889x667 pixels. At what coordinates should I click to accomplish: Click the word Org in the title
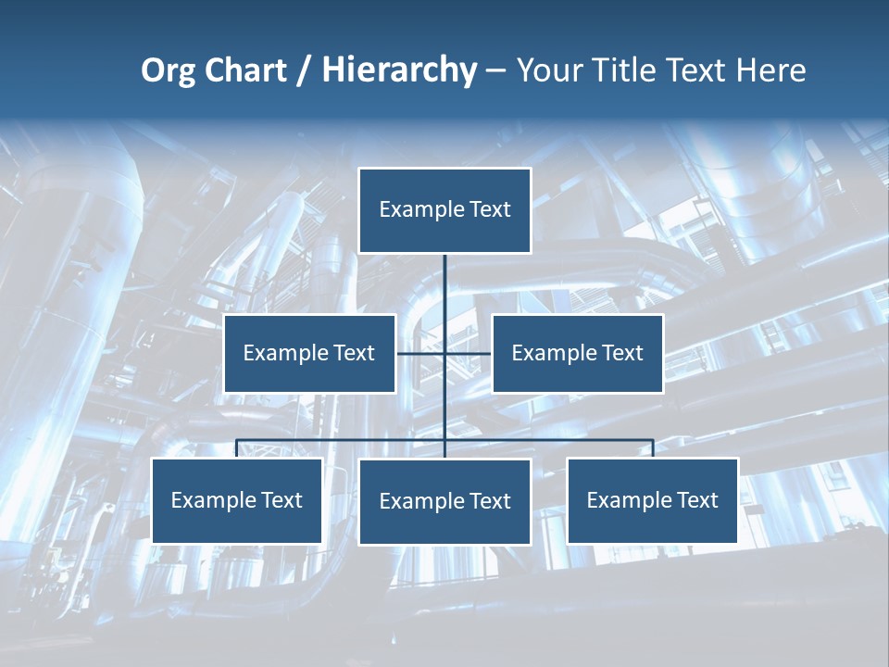(x=168, y=70)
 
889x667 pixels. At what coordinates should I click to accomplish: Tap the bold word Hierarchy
(x=399, y=70)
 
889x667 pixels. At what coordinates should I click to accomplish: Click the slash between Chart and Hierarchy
(x=304, y=71)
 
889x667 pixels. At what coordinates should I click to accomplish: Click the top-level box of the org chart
(x=444, y=210)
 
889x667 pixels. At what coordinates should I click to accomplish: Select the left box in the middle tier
(x=309, y=353)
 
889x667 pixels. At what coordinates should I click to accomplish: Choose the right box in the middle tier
(x=577, y=353)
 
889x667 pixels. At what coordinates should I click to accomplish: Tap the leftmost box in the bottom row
(x=236, y=500)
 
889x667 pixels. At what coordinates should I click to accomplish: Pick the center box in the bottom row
(x=444, y=501)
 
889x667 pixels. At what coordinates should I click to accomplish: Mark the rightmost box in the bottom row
(x=652, y=500)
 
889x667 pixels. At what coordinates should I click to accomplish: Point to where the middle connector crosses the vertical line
(x=444, y=353)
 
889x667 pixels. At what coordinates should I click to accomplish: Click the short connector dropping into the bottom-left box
(x=236, y=448)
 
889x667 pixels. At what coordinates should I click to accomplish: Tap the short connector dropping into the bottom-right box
(x=653, y=448)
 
